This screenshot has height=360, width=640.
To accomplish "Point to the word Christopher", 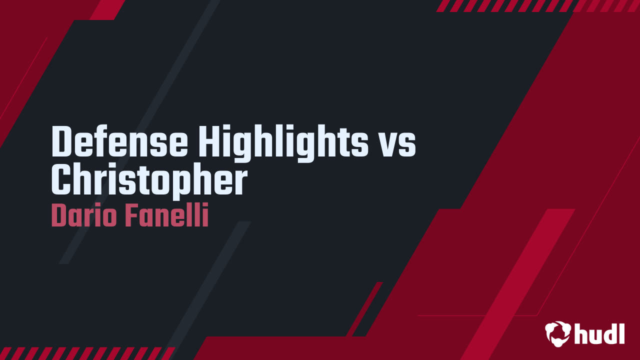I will coord(149,181).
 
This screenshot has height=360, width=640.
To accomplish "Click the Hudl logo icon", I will coord(557,333).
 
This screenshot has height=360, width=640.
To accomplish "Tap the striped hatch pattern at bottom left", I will coord(85,353).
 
